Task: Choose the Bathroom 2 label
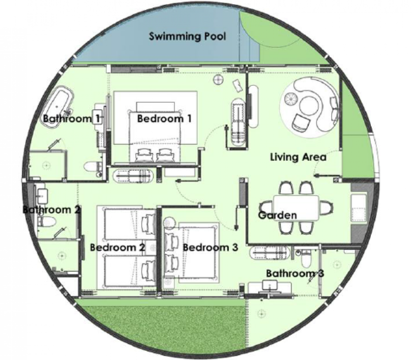click(x=52, y=209)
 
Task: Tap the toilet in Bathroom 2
click(x=47, y=221)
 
